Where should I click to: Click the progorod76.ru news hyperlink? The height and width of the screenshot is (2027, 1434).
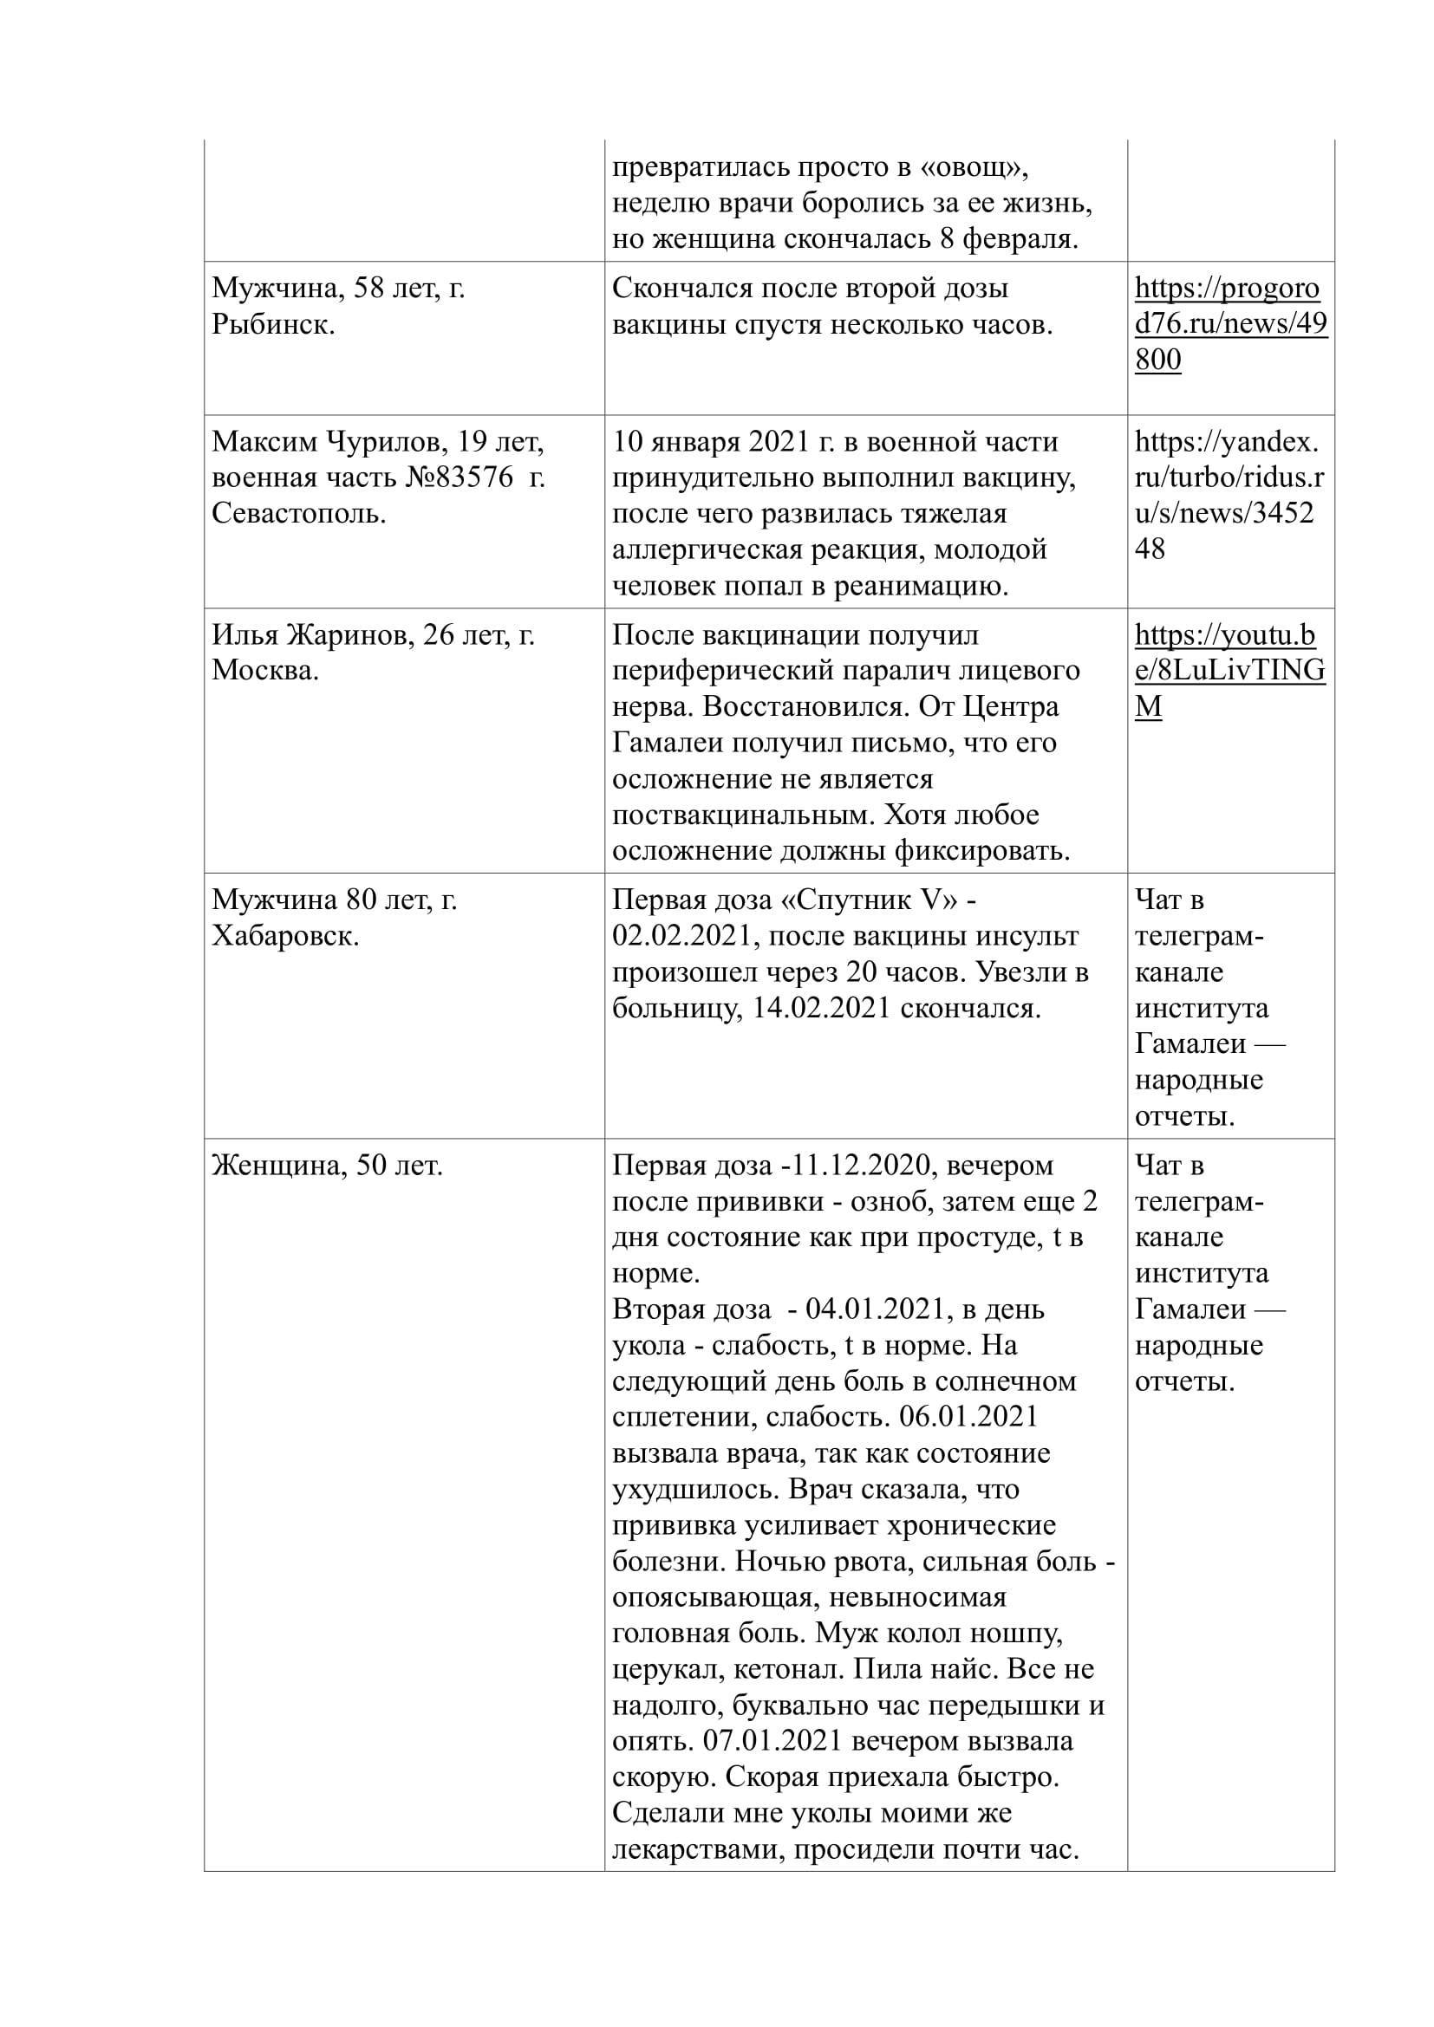click(x=1229, y=324)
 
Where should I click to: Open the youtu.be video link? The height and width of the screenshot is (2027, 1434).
click(x=1229, y=671)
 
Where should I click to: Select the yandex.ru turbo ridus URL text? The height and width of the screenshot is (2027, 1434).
click(x=1229, y=496)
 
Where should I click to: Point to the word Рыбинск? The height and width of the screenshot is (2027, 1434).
click(x=272, y=325)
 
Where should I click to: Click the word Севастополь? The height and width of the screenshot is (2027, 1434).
click(x=298, y=514)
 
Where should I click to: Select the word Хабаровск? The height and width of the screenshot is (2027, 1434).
click(x=284, y=936)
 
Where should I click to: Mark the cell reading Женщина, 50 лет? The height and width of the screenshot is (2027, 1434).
click(x=328, y=1166)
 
